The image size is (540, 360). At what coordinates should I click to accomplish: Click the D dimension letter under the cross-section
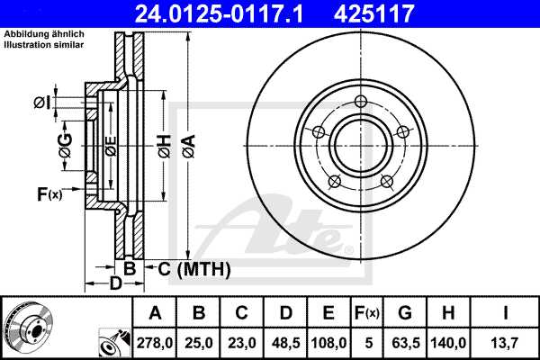[115, 285]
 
